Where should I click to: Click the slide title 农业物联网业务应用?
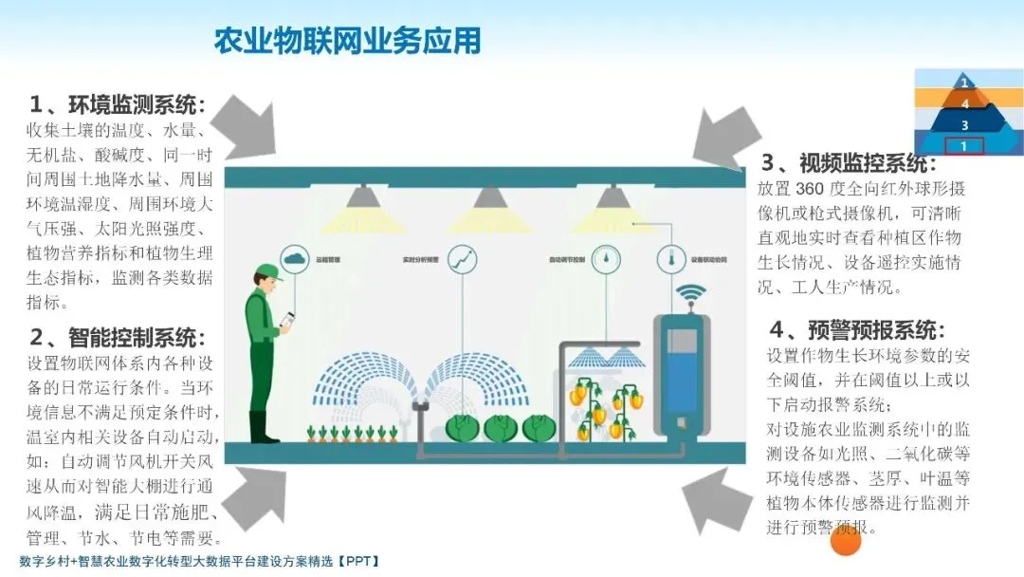(x=347, y=41)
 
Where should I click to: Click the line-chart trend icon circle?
(x=463, y=258)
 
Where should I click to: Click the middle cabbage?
(x=501, y=428)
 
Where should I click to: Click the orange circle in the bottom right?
(x=845, y=541)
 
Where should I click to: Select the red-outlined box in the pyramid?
(x=963, y=146)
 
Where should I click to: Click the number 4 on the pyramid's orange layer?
(x=964, y=103)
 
